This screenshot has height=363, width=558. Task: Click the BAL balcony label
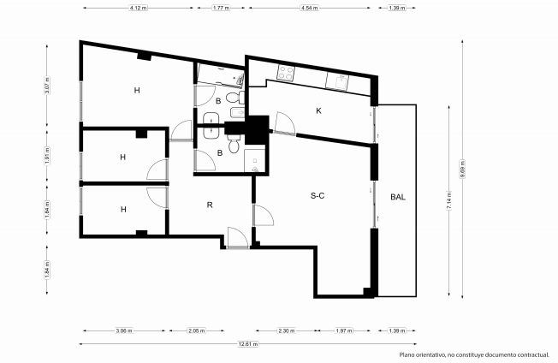click(x=398, y=197)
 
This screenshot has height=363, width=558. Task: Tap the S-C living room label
click(x=318, y=196)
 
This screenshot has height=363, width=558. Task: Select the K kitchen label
click(x=318, y=111)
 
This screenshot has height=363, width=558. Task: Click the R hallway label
click(x=210, y=205)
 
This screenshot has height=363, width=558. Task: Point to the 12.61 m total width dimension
click(x=248, y=344)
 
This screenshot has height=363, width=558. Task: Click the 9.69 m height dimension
click(x=462, y=169)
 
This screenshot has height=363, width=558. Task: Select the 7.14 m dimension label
click(x=448, y=200)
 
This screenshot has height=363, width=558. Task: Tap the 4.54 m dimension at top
click(x=309, y=8)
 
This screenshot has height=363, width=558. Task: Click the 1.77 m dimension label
click(x=221, y=8)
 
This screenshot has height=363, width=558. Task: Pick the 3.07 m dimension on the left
click(x=47, y=86)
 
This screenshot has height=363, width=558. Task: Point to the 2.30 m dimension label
click(x=287, y=330)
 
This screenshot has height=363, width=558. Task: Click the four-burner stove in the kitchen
click(x=286, y=73)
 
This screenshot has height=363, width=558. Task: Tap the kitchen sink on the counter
click(x=337, y=81)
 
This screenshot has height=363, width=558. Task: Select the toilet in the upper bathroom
click(x=235, y=98)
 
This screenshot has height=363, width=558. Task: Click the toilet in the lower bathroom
click(x=234, y=143)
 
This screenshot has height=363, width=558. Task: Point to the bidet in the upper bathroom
click(x=237, y=112)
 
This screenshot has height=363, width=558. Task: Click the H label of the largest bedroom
click(x=137, y=91)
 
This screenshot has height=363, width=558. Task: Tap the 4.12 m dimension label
click(x=139, y=8)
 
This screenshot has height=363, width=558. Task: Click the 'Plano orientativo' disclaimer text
click(x=474, y=354)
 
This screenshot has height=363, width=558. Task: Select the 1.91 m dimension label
click(x=47, y=156)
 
